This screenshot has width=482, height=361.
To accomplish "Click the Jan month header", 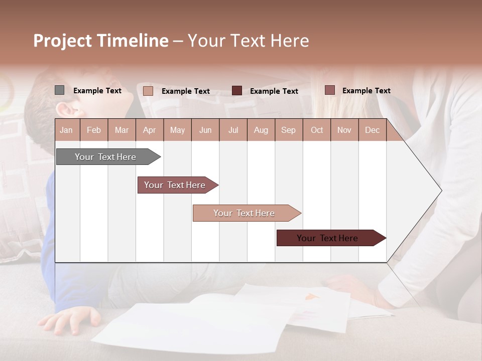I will coord(66,130).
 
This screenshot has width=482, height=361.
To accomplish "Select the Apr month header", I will coord(149,130).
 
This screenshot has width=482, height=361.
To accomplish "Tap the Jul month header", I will coord(233,130).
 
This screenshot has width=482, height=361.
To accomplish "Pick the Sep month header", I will coord(288,130).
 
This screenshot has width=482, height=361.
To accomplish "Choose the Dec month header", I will coord(372,130).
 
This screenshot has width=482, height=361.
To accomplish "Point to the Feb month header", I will coord(94,130).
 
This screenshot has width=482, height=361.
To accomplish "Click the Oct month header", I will coord(317,130).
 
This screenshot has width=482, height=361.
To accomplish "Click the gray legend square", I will coord(59,90).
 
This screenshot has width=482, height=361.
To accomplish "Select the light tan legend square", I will coord(148,91).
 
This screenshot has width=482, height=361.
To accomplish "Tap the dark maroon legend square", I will coord(237,91).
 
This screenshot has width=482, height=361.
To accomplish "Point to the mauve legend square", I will coord(329,90).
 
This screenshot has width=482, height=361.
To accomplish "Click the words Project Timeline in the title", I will coord(101,41).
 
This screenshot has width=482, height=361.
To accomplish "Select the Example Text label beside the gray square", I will coord(97,91).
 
